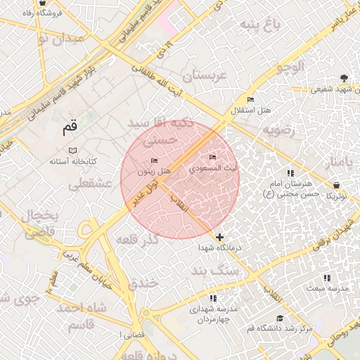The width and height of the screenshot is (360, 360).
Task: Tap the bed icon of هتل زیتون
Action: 155,161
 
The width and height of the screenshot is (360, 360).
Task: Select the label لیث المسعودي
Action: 213,169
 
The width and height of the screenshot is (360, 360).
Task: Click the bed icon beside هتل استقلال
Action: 251,100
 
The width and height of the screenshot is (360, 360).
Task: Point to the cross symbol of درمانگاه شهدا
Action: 221,238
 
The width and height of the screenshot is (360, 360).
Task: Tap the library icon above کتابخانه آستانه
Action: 72,150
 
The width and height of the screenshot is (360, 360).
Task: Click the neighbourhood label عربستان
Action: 206,75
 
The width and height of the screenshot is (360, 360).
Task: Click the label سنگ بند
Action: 215,270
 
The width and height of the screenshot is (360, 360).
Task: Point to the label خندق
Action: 146,283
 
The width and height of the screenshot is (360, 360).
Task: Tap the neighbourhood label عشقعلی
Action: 91,184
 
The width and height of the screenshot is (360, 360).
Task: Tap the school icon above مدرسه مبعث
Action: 326,278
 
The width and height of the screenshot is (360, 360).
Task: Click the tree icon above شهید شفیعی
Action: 343,78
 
